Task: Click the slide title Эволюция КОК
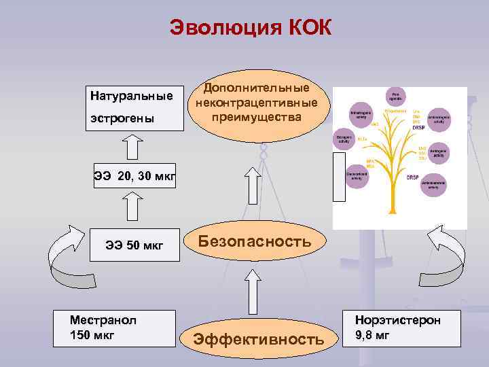pyautogui.click(x=251, y=29)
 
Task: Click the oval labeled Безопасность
pyautogui.click(x=255, y=241)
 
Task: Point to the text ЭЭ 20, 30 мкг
pyautogui.click(x=134, y=177)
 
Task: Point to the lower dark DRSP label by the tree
pyautogui.click(x=412, y=178)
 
